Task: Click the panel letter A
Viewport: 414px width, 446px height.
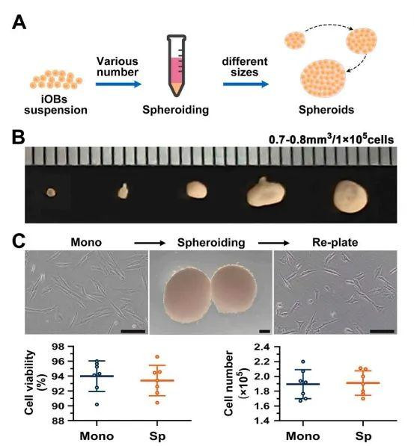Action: [19, 22]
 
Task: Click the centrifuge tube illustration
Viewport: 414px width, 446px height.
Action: [177, 66]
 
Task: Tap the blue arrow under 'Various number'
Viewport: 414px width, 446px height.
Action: [118, 84]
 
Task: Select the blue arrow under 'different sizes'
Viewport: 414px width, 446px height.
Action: [246, 84]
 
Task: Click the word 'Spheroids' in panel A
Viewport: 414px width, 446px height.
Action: [326, 110]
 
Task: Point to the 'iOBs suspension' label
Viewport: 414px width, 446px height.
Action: [56, 105]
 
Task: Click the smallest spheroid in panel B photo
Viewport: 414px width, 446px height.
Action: [52, 193]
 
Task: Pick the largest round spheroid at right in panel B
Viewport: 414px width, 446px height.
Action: [350, 196]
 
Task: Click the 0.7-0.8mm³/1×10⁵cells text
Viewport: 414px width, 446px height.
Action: [331, 139]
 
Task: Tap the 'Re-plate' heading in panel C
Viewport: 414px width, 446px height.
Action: [335, 242]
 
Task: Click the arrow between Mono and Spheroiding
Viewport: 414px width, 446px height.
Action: [150, 243]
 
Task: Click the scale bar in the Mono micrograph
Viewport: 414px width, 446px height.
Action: [133, 331]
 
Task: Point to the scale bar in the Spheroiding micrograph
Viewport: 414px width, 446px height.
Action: [265, 332]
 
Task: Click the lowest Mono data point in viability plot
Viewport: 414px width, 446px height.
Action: [97, 404]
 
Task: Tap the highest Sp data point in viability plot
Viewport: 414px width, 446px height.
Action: [157, 356]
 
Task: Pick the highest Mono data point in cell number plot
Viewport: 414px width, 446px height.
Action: [302, 362]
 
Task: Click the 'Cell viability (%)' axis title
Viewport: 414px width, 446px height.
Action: [34, 382]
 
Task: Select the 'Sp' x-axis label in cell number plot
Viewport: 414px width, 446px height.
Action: [363, 436]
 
